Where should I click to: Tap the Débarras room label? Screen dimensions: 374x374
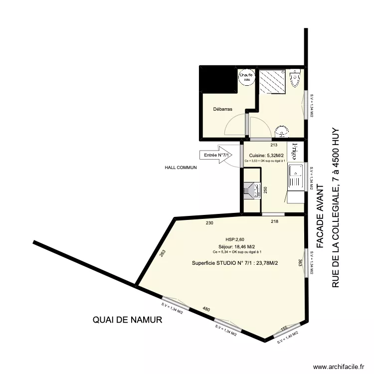(x=222, y=109)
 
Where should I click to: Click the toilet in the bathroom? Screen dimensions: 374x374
(x=296, y=77)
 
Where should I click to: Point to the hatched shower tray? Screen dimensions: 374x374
(x=272, y=81)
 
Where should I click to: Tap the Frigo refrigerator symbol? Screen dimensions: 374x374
(x=297, y=150)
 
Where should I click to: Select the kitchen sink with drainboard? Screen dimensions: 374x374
(x=296, y=177)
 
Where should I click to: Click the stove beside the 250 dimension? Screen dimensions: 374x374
(x=252, y=191)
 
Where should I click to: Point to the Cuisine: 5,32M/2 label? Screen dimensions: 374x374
(x=266, y=155)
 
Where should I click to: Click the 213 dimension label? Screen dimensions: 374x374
(x=273, y=145)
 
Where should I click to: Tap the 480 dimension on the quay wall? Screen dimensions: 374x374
(x=206, y=309)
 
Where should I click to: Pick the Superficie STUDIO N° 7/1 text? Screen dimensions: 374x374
(x=235, y=263)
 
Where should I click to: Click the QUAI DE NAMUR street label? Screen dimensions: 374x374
(x=128, y=321)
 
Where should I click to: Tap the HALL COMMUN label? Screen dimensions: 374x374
(x=181, y=168)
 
